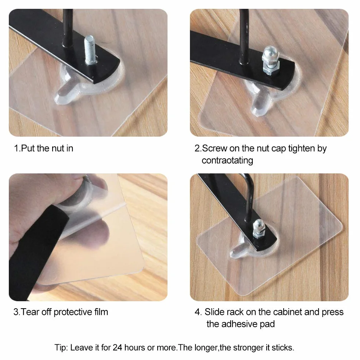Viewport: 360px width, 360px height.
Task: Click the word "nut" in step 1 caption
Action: point(58,148)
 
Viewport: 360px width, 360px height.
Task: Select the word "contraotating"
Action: point(227,160)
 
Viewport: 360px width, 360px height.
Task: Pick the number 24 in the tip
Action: point(117,348)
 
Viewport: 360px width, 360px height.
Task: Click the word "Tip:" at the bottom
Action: point(61,348)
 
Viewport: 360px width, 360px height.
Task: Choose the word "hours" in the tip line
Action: point(134,348)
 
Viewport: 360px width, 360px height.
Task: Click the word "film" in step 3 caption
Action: point(101,312)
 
